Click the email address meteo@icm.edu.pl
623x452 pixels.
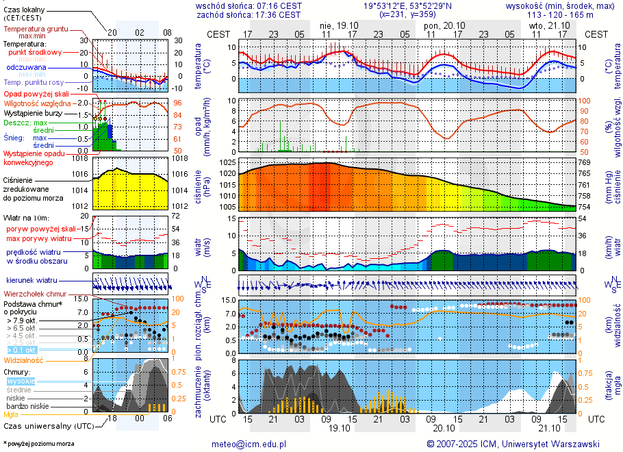pyautogui.click(x=249, y=444)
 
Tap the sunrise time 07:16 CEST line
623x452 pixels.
pyautogui.click(x=249, y=5)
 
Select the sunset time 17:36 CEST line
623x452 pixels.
pyautogui.click(x=249, y=14)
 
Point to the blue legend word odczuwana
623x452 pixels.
pyautogui.click(x=26, y=68)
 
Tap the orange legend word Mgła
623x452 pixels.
pyautogui.click(x=11, y=414)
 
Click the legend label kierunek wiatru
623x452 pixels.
pyautogui.click(x=31, y=281)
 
